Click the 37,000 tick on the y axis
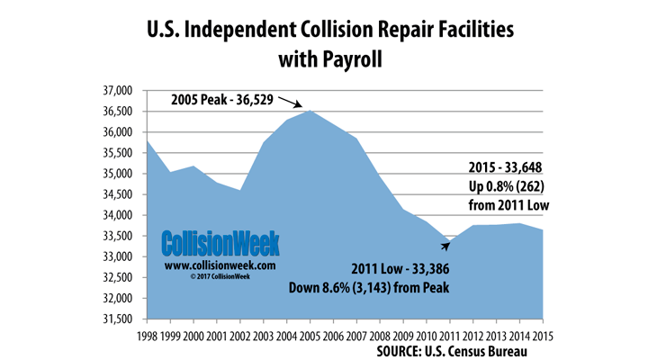click(115, 91)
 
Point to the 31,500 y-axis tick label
click(115, 319)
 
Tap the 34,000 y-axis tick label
click(115, 215)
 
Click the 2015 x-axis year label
click(543, 336)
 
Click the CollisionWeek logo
click(220, 243)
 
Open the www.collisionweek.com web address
click(220, 266)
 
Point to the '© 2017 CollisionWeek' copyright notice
click(220, 277)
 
